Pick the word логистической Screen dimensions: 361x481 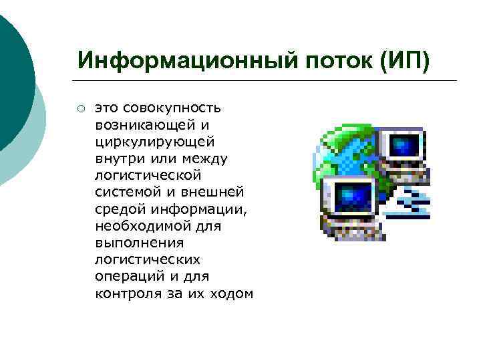148,175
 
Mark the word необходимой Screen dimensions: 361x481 136,226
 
